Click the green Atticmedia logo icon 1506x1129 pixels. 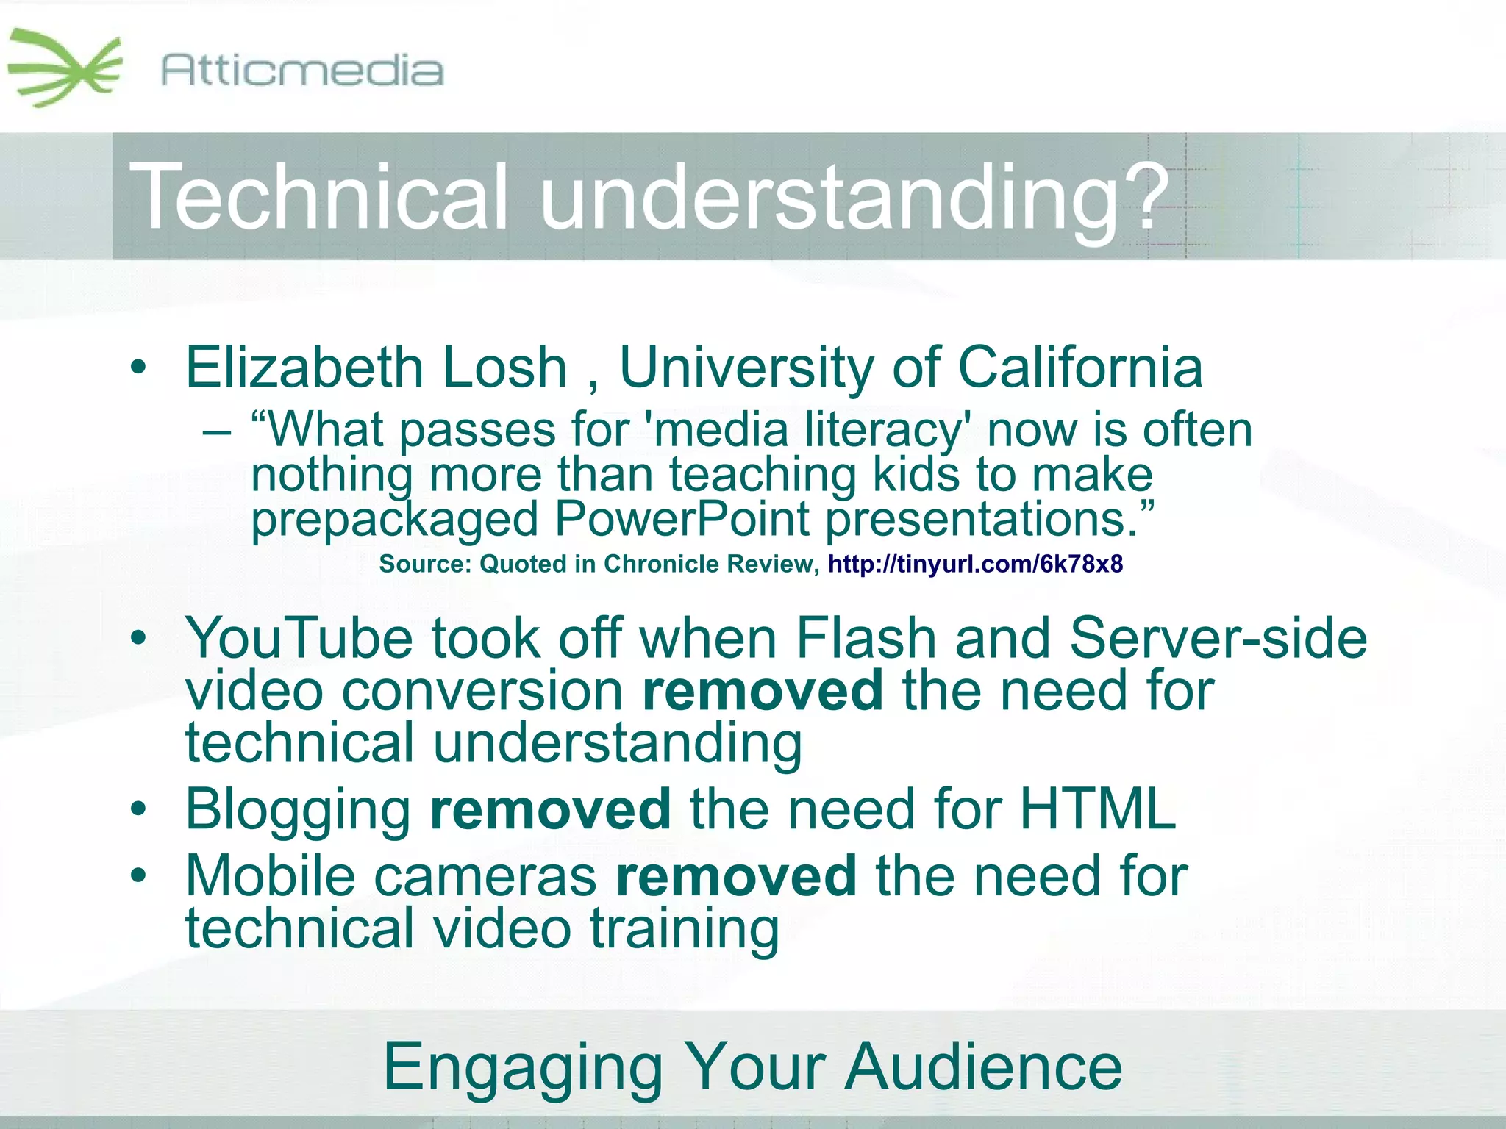65,68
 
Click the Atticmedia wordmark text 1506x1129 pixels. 301,71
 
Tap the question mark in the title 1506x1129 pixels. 1144,197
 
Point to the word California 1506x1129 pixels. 1080,368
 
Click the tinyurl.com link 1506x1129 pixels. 975,564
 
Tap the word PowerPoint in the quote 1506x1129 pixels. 682,519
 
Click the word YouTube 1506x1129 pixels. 299,638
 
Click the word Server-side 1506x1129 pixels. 1218,638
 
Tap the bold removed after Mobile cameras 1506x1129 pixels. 736,876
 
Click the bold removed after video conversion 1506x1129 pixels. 763,691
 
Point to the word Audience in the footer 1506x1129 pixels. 983,1067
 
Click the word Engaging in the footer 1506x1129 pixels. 523,1067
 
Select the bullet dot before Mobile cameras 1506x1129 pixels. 138,875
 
